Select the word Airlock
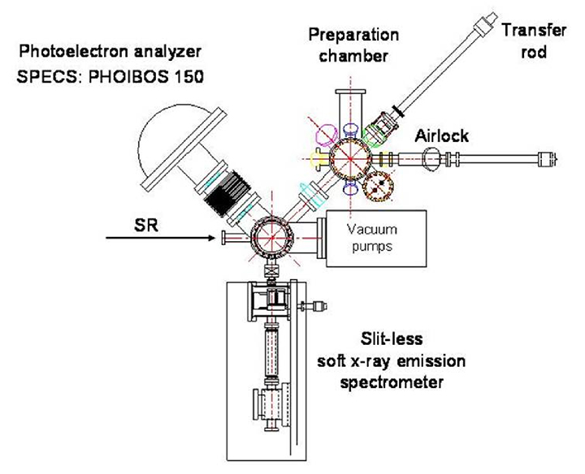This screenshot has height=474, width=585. coord(444,136)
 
